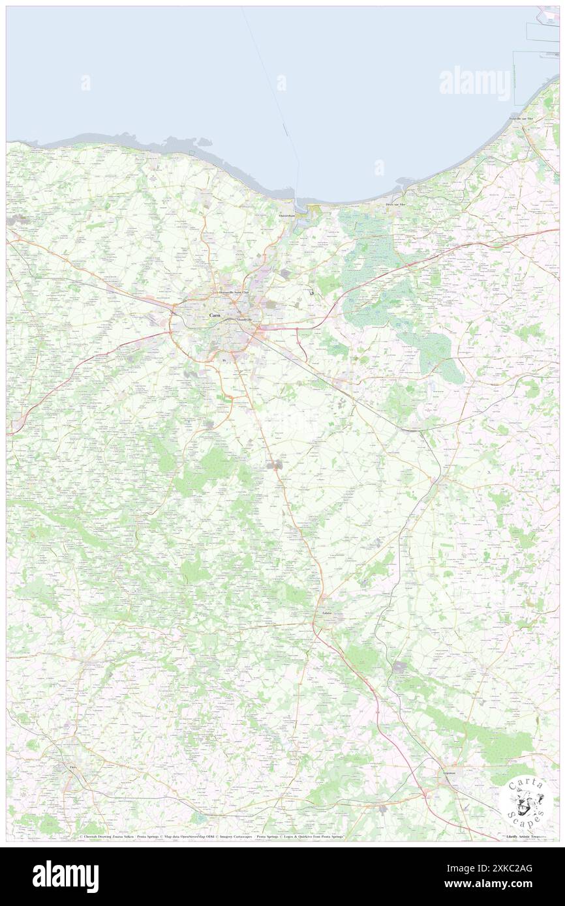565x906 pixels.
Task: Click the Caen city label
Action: [x=214, y=315]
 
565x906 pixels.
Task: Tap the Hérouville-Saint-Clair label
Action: [x=234, y=292]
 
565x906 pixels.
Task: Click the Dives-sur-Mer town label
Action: [x=395, y=205]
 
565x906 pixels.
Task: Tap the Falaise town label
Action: [x=327, y=613]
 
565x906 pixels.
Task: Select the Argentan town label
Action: [x=450, y=772]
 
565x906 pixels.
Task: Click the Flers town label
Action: [x=72, y=768]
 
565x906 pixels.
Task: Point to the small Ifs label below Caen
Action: [x=224, y=360]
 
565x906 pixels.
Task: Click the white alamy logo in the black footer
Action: [x=66, y=876]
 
